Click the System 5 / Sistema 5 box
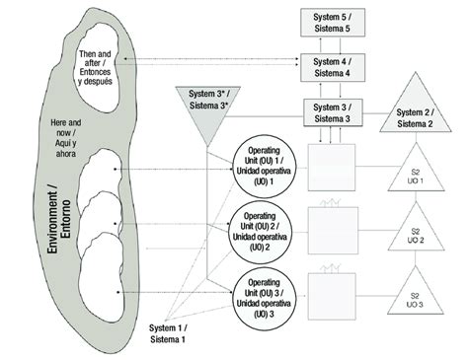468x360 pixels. pyautogui.click(x=326, y=24)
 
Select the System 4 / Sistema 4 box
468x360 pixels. pyautogui.click(x=326, y=69)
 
